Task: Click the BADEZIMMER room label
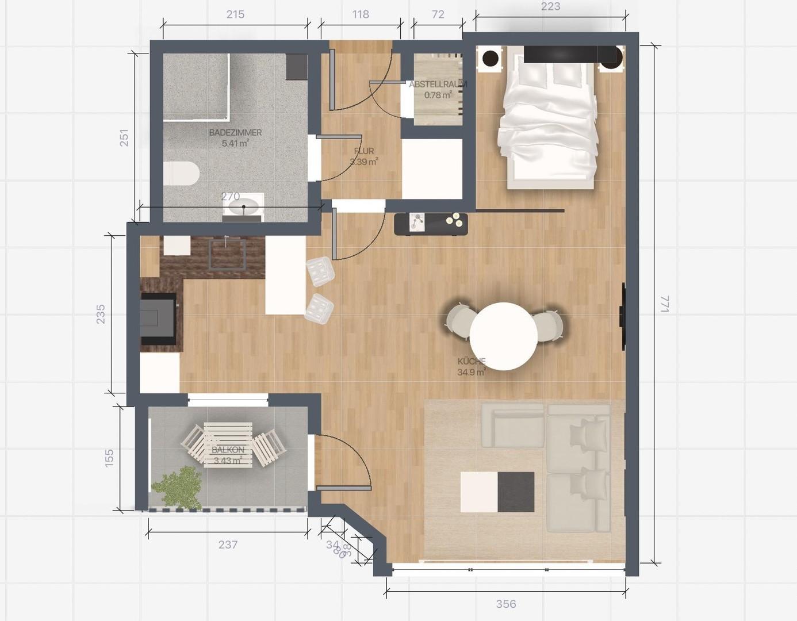(x=235, y=133)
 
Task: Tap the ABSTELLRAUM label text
(x=438, y=85)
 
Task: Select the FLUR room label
(x=364, y=151)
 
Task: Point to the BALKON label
(x=228, y=450)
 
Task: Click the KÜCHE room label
(x=472, y=362)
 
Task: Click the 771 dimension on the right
(x=665, y=304)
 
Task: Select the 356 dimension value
(x=506, y=604)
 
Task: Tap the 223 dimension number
(x=550, y=7)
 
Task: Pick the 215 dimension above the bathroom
(x=235, y=14)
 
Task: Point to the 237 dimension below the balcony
(x=228, y=545)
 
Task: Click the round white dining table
(x=503, y=336)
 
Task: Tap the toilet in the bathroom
(x=181, y=174)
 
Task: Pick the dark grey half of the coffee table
(x=516, y=492)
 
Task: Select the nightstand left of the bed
(x=491, y=59)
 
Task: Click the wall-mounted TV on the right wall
(x=622, y=316)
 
